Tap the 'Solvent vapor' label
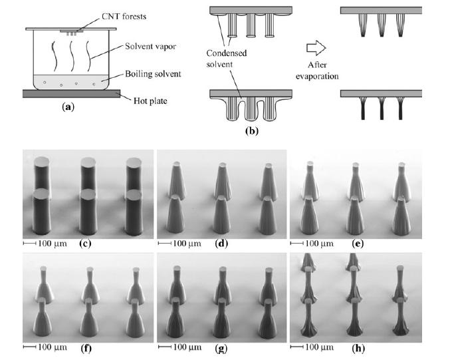pyautogui.click(x=152, y=47)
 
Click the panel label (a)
pyautogui.click(x=67, y=106)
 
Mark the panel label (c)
pyautogui.click(x=85, y=243)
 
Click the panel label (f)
pyautogui.click(x=85, y=346)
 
